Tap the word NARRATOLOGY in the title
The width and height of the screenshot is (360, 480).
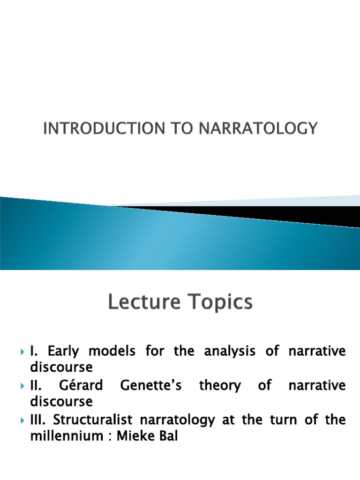(x=262, y=128)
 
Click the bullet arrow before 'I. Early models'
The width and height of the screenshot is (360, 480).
(x=22, y=352)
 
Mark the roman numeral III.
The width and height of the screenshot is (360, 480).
(x=37, y=420)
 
